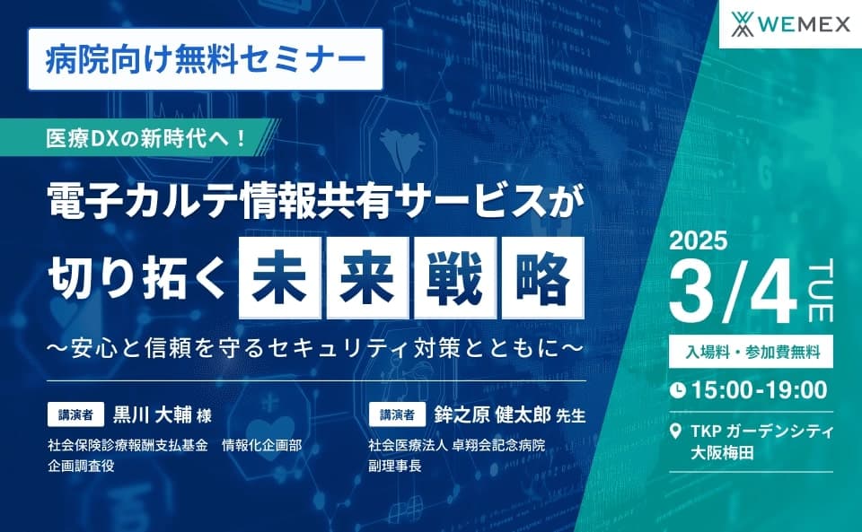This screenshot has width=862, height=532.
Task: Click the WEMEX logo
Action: (791, 24)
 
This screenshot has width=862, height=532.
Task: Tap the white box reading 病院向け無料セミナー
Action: (206, 59)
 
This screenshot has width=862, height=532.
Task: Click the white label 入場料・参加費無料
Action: (752, 351)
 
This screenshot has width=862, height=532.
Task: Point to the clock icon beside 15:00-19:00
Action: (679, 389)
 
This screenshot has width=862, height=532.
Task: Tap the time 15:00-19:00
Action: (759, 389)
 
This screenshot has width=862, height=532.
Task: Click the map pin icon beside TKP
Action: (677, 432)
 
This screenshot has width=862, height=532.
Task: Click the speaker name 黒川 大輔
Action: (150, 415)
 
